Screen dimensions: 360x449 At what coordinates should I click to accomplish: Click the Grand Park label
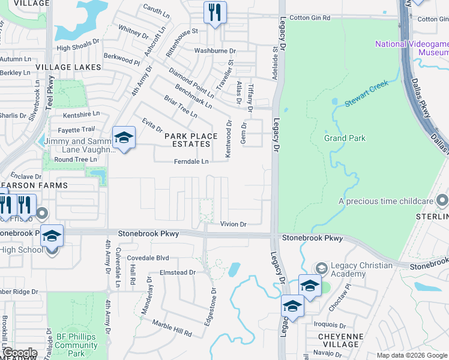[x=345, y=138]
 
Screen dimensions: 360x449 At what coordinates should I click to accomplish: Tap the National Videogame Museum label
[x=412, y=48]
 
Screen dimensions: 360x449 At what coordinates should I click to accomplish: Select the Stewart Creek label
[x=366, y=93]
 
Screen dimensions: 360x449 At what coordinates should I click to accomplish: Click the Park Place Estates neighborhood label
[x=191, y=140]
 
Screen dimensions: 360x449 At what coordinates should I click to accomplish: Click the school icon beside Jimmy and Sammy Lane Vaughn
[x=124, y=139]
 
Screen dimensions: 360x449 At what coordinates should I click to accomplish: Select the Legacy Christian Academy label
[x=361, y=269]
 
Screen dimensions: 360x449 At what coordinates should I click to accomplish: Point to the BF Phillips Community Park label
[x=76, y=345]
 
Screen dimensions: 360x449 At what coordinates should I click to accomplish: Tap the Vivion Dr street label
[x=234, y=224]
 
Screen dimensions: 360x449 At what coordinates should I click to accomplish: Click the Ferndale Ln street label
[x=191, y=161]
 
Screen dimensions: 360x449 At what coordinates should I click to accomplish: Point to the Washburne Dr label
[x=215, y=52]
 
